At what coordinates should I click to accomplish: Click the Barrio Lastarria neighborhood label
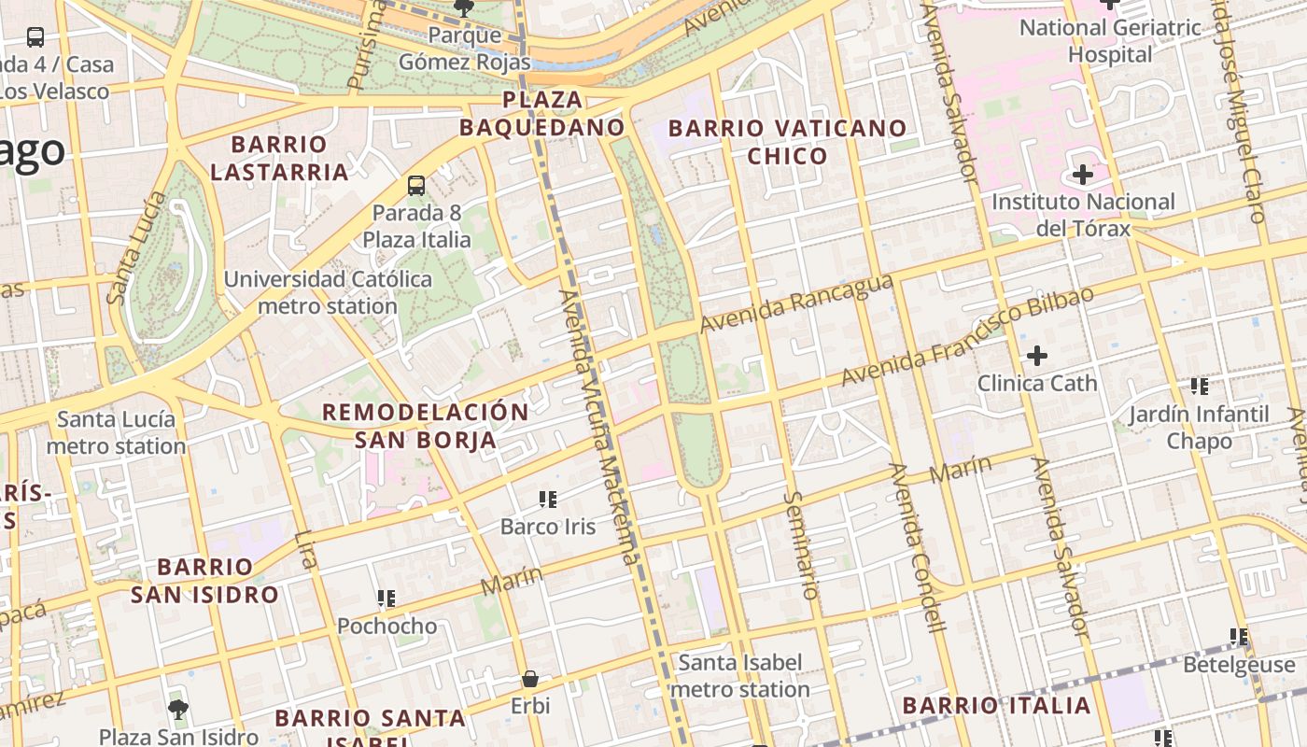pos(279,158)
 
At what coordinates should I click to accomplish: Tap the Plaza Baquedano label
pos(541,112)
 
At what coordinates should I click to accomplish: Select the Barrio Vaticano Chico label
pos(787,142)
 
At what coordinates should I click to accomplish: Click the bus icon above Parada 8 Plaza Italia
pos(416,186)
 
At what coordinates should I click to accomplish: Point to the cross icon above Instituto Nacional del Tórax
pos(1083,175)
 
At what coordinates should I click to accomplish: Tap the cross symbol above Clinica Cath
pos(1036,356)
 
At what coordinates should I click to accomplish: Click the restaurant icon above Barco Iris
pos(548,500)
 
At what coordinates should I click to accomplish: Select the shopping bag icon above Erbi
pos(529,679)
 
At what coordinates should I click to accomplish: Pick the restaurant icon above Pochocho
pos(386,599)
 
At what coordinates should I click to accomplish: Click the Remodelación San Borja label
pos(425,426)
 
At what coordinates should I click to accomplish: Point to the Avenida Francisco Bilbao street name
pos(967,337)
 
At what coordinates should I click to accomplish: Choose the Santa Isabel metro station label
pos(739,676)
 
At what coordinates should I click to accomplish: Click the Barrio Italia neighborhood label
pos(997,705)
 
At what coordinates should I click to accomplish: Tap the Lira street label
pos(305,550)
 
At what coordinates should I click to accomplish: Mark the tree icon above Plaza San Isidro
pos(178,710)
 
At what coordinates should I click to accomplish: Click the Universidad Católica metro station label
pos(327,292)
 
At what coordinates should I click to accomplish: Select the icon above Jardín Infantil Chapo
pos(1199,387)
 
